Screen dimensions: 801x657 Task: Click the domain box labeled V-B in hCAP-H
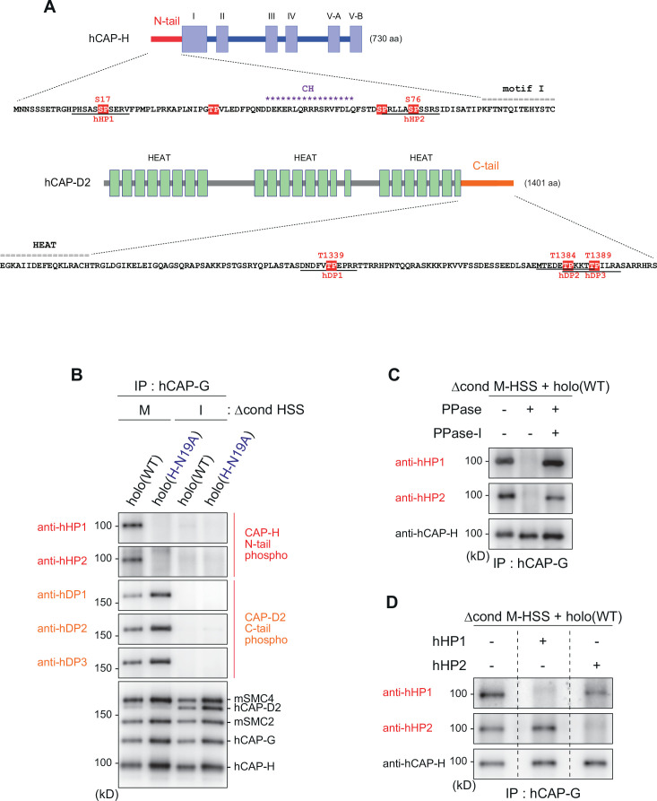(356, 41)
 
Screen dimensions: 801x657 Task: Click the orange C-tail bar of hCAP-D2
(487, 183)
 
